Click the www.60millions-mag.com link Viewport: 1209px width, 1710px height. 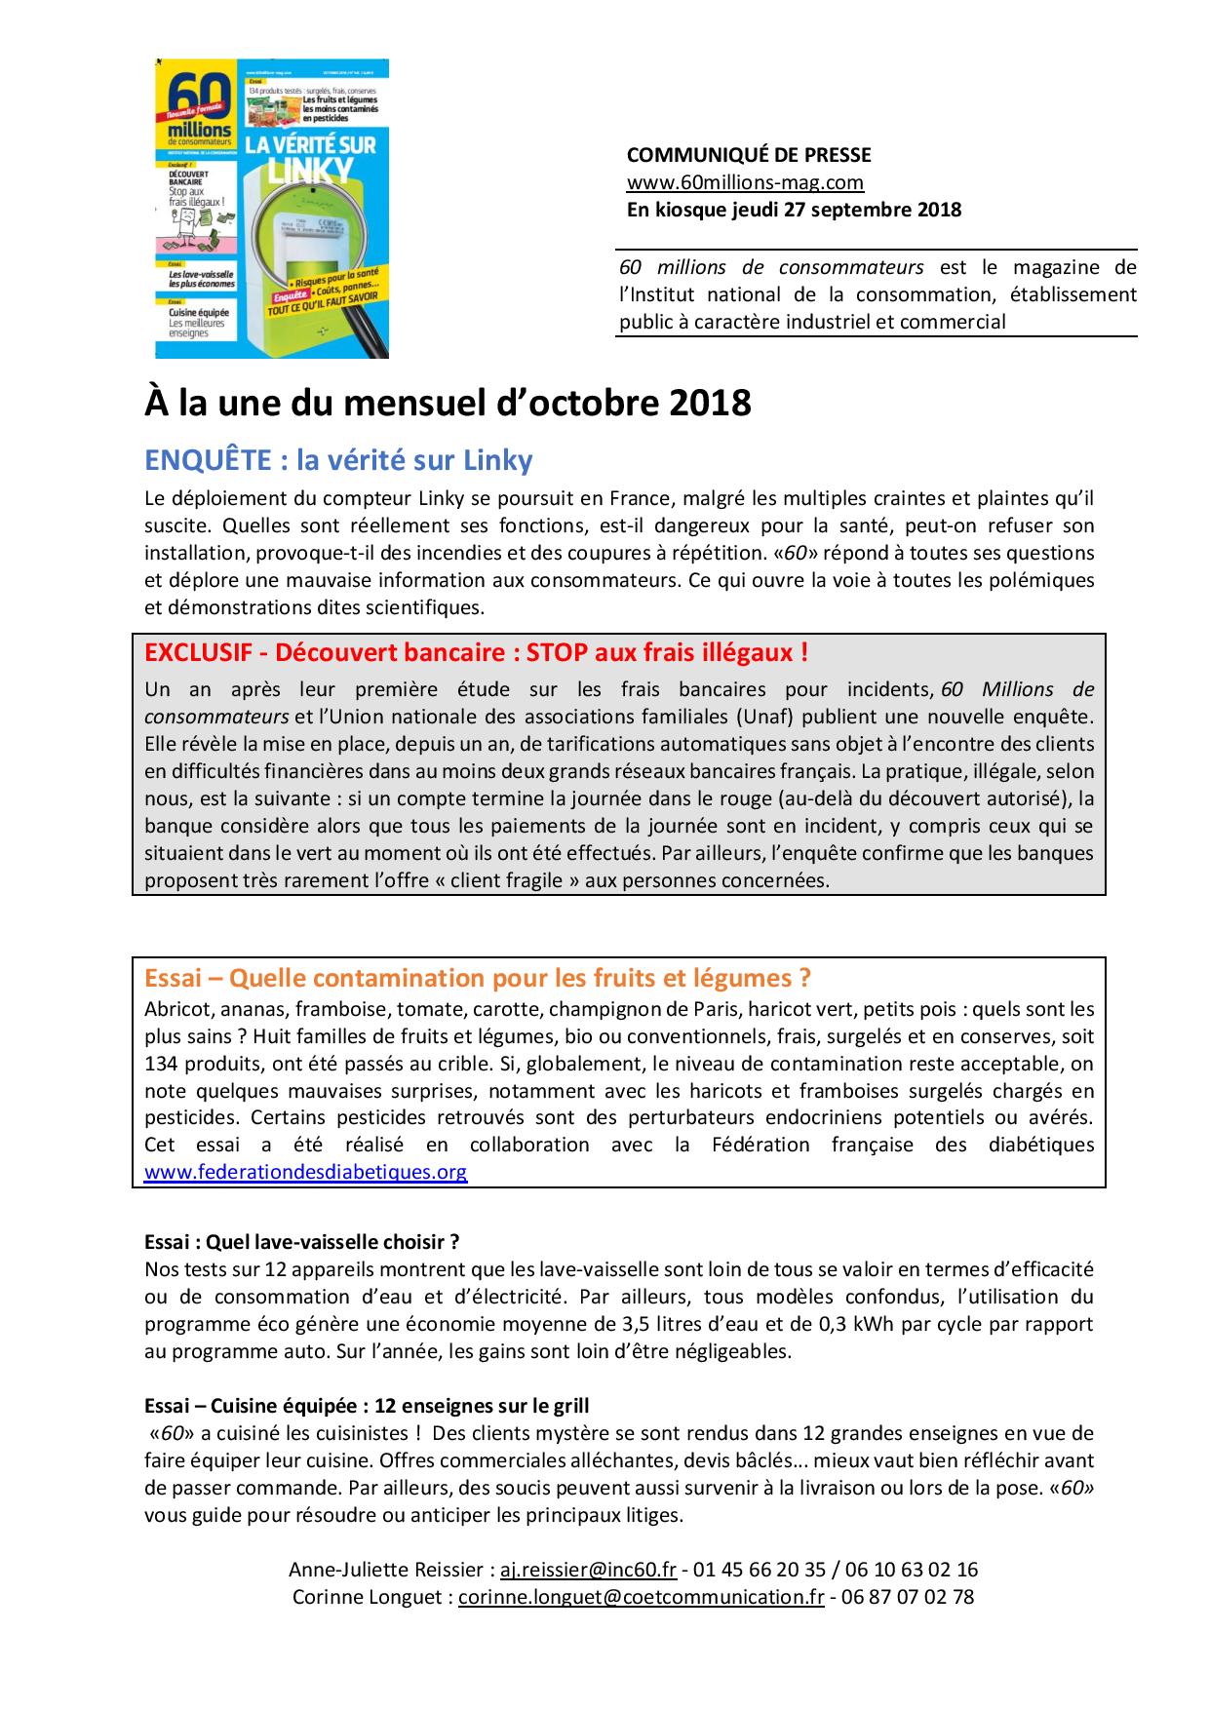tap(745, 182)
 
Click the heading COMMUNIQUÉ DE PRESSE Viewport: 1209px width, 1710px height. tap(748, 155)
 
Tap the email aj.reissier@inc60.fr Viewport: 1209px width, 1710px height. tap(588, 1570)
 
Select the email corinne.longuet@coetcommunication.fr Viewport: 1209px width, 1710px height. tap(642, 1597)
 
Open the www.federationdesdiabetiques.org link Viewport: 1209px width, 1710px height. tap(305, 1172)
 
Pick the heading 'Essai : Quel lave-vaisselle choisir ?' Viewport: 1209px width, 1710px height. tap(301, 1242)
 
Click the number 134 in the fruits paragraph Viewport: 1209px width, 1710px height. tap(160, 1063)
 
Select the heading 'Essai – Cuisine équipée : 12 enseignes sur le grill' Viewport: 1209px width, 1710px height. tap(367, 1406)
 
